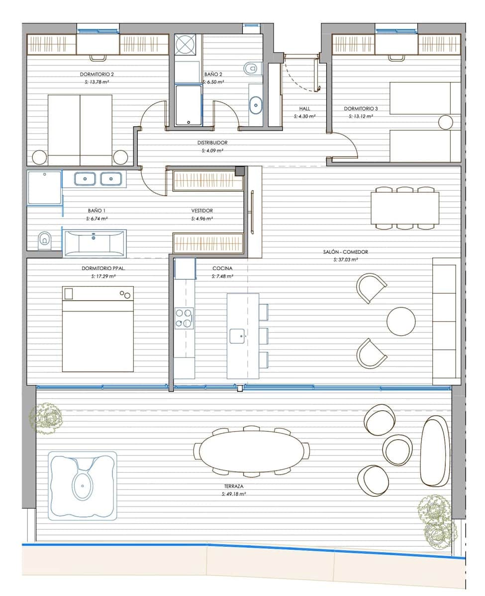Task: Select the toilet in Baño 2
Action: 252,67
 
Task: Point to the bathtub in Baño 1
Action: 94,242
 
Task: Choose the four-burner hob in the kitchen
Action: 184,318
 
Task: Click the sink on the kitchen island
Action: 237,336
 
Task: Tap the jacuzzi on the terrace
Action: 83,485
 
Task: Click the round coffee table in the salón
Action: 401,321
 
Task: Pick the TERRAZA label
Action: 233,487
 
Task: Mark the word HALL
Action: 305,108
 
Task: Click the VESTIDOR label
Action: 202,211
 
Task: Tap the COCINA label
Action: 222,268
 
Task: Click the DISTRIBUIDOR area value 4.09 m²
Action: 212,150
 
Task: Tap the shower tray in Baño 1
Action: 45,187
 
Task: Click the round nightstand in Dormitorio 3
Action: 445,122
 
